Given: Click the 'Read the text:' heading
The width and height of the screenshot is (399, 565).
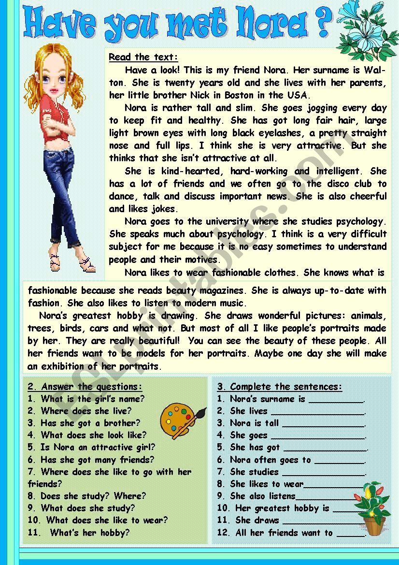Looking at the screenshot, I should pos(143,57).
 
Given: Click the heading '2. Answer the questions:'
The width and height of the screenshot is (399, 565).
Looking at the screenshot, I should pos(85,387).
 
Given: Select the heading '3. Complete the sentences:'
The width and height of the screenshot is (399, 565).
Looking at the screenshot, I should pos(280,387).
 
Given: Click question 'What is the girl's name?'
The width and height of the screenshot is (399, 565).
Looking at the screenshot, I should pos(92,399).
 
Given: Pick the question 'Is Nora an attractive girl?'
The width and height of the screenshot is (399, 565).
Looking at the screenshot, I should pos(98,447).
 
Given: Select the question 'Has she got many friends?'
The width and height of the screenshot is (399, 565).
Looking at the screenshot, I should pos(97,460).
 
